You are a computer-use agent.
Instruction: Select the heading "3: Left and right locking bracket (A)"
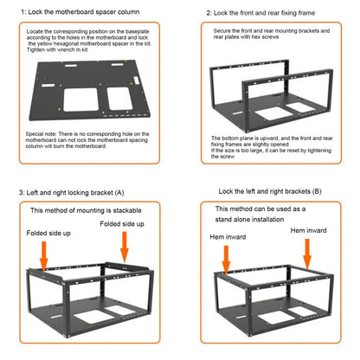point(72,191)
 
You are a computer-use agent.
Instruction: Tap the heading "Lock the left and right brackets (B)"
point(270,190)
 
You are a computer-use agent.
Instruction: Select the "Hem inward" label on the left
point(228,235)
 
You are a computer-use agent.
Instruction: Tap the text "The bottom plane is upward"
point(251,138)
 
